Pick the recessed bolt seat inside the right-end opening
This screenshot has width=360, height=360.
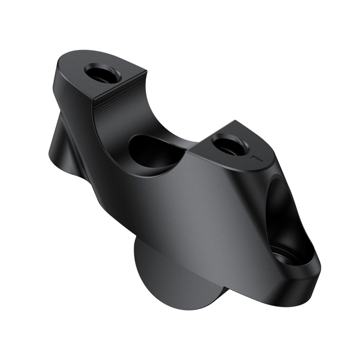[x=288, y=257]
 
